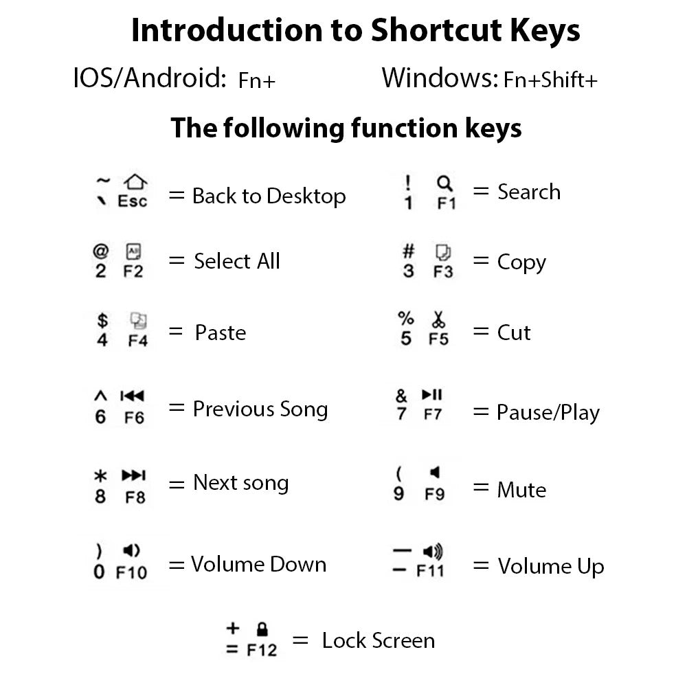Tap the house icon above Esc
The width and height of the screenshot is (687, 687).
click(x=135, y=181)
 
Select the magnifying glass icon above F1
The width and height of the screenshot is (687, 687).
click(x=444, y=183)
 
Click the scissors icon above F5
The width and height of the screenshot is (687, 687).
click(x=438, y=319)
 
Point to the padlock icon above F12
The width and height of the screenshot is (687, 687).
click(x=262, y=628)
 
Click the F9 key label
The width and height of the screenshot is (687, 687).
click(x=434, y=493)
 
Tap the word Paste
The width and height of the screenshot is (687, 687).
click(x=220, y=333)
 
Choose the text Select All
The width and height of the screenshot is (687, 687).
click(x=237, y=261)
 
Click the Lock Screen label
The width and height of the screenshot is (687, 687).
click(x=378, y=640)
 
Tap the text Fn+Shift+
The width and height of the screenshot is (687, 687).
click(x=550, y=80)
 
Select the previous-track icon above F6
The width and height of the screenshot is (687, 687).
click(x=132, y=396)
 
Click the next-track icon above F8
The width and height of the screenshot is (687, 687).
click(x=133, y=475)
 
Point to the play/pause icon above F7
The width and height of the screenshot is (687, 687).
click(x=432, y=394)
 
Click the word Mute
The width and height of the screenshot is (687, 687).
click(x=521, y=490)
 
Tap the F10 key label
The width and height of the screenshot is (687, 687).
click(x=131, y=572)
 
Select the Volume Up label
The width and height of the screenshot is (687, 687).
click(x=551, y=567)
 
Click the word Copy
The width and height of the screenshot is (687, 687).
click(x=521, y=262)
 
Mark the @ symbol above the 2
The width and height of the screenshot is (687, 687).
click(x=101, y=251)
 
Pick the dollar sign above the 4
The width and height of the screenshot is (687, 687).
click(x=102, y=319)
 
